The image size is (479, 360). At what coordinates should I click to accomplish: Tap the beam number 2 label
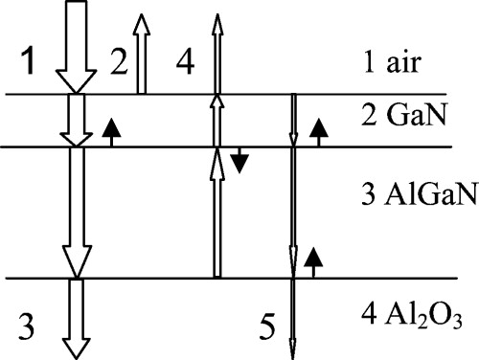pyautogui.click(x=118, y=65)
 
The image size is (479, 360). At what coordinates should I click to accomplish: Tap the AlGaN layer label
pyautogui.click(x=411, y=199)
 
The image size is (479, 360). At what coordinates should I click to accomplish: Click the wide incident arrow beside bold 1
pyautogui.click(x=72, y=48)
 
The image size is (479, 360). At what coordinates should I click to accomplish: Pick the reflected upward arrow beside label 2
pyautogui.click(x=142, y=53)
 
